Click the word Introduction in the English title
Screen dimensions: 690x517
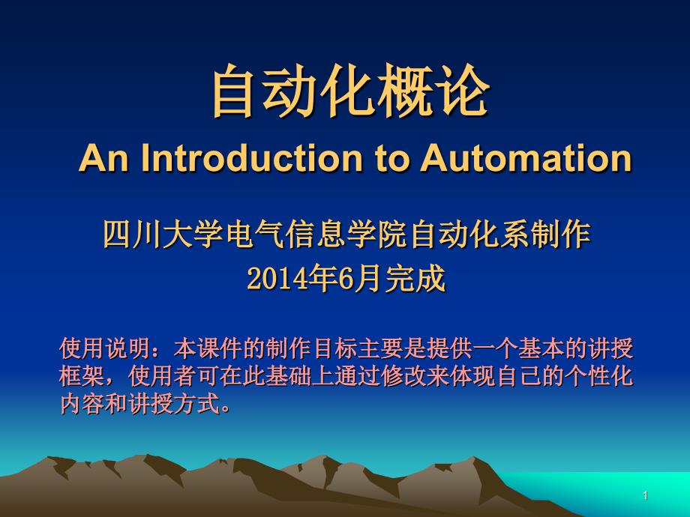click(x=251, y=157)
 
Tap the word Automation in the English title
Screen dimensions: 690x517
click(x=526, y=157)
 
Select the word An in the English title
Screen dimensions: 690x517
click(x=103, y=157)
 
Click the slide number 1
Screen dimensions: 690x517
click(x=646, y=495)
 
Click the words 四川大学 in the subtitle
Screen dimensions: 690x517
click(x=163, y=235)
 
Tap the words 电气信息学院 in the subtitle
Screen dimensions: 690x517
click(x=316, y=235)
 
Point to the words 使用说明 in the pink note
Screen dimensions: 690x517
click(x=105, y=348)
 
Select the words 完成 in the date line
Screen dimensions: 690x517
click(x=415, y=278)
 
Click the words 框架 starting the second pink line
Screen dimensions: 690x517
click(x=82, y=376)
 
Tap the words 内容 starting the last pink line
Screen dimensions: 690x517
click(x=82, y=403)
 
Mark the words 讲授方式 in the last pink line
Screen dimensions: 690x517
click(x=174, y=403)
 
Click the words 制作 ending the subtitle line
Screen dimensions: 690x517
click(x=560, y=235)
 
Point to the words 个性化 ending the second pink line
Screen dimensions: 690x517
click(x=598, y=376)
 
